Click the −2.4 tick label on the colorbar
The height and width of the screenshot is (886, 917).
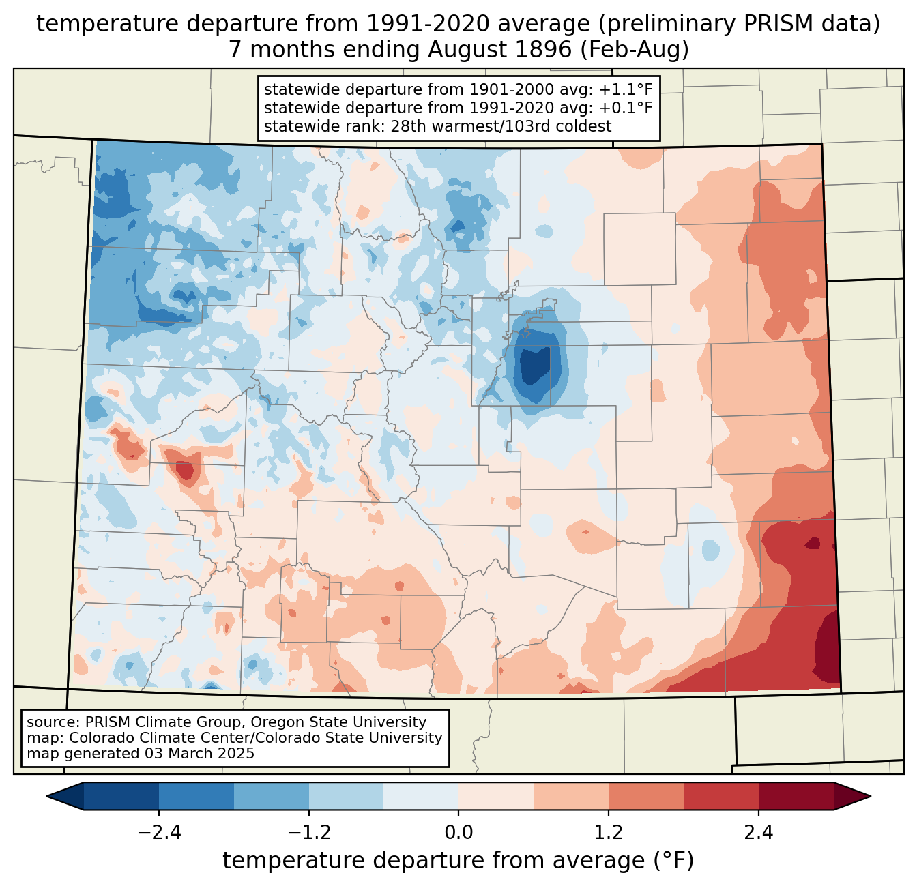coord(159,833)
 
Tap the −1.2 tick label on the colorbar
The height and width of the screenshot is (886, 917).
coord(309,833)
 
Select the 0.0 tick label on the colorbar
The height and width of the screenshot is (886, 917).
coord(458,833)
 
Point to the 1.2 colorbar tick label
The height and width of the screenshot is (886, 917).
coord(609,833)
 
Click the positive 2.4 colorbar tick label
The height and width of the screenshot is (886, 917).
coord(759,833)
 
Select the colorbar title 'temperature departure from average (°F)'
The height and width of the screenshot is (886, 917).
coord(458,861)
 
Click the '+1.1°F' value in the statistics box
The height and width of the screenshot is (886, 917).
coord(626,90)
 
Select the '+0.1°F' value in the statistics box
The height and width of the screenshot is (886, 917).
coord(626,108)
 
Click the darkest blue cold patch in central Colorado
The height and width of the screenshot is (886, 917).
coord(534,367)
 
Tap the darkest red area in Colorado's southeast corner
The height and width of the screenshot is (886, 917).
coord(828,648)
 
